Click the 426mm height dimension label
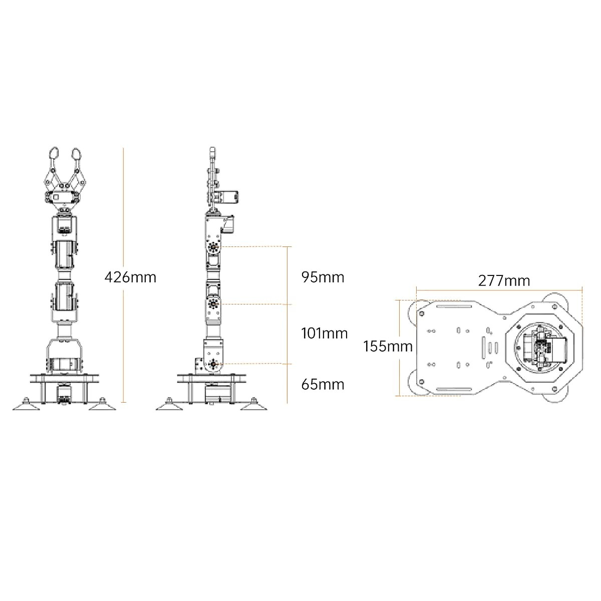click(130, 277)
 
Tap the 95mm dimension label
click(323, 277)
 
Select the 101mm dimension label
click(325, 334)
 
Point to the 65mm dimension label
click(323, 385)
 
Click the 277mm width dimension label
click(504, 280)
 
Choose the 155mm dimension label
click(388, 347)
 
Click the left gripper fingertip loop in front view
click(54, 153)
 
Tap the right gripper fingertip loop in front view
click(77, 153)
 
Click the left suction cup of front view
click(26, 404)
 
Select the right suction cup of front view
click(102, 404)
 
